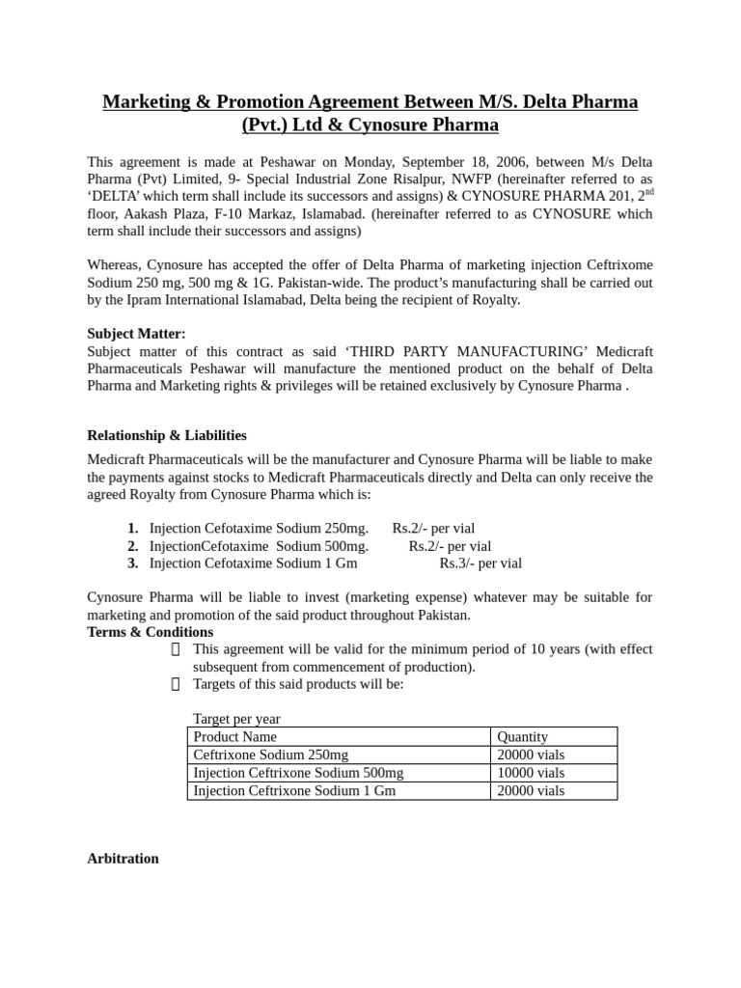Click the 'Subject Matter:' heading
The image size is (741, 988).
click(136, 333)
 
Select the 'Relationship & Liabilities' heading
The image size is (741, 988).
click(167, 435)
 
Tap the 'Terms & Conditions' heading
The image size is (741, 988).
click(150, 632)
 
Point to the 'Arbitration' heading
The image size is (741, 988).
click(123, 858)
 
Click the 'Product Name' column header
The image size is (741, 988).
click(234, 736)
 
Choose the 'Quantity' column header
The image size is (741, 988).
click(522, 736)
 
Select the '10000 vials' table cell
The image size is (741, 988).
click(531, 773)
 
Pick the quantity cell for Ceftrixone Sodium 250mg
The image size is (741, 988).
click(531, 755)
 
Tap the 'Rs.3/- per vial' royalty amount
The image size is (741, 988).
click(480, 563)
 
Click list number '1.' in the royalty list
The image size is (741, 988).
click(132, 529)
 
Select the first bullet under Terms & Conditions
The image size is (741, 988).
click(175, 649)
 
